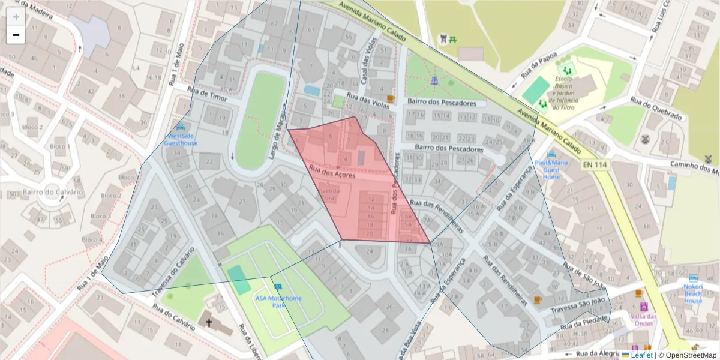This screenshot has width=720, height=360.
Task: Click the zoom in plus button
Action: coord(16,17)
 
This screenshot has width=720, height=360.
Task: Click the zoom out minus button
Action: coord(16,35)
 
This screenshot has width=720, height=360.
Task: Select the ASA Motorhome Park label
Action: coord(278,302)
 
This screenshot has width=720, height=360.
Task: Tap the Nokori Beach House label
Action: coord(693,292)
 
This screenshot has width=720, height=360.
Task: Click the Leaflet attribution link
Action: coord(641,355)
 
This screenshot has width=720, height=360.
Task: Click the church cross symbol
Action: coord(209,323)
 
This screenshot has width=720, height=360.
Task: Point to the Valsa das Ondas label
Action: coord(643,320)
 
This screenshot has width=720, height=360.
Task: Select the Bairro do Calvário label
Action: coord(52,192)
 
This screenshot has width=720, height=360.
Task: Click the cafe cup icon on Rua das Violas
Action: coord(391,98)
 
